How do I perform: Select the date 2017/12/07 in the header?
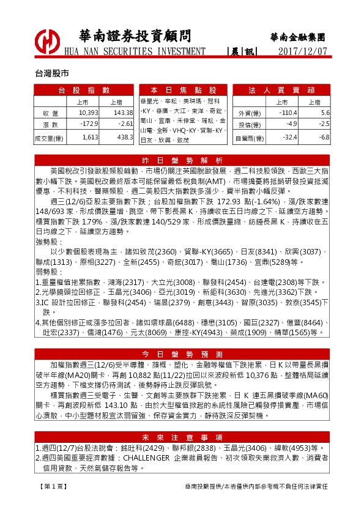tap(303, 51)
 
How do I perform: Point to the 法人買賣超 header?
tap(282, 90)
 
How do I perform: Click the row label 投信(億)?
tap(248, 125)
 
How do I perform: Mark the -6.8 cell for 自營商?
tap(324, 138)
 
